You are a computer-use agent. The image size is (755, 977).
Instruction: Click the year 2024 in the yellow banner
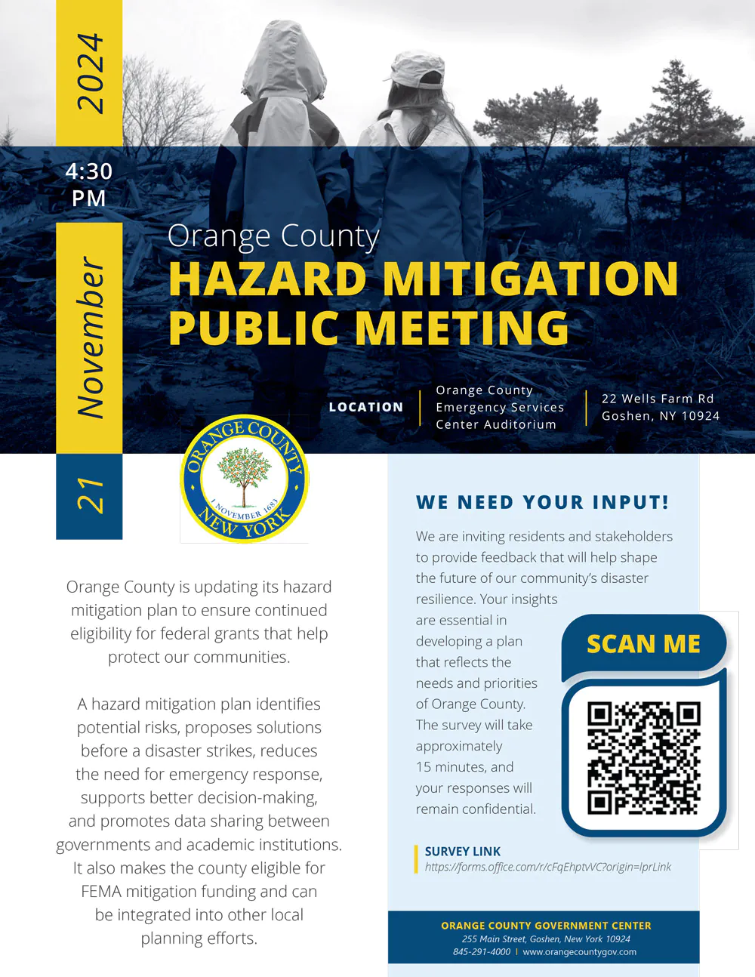(89, 73)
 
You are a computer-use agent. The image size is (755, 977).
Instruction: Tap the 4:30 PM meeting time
(89, 184)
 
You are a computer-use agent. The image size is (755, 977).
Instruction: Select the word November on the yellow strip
(90, 337)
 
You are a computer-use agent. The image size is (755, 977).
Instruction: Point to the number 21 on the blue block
(90, 495)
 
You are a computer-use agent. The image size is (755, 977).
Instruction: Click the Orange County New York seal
(244, 479)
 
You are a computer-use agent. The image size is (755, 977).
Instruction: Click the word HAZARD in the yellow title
(267, 279)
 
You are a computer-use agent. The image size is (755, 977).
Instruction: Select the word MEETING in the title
(462, 328)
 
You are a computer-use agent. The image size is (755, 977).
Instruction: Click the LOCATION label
(366, 407)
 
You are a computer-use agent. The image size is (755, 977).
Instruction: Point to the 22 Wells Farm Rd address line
(658, 399)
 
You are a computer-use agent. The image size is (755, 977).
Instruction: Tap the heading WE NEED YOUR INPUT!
(542, 502)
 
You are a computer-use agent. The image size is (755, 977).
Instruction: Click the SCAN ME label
(643, 644)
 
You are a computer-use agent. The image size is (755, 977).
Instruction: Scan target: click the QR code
(644, 758)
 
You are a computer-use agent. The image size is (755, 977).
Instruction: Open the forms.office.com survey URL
(547, 867)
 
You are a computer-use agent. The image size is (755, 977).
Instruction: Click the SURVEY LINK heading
(463, 851)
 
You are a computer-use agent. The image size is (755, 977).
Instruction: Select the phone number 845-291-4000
(482, 952)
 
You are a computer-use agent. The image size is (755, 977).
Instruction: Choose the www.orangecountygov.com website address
(579, 952)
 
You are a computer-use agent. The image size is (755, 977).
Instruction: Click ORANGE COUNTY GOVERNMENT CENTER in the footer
(546, 926)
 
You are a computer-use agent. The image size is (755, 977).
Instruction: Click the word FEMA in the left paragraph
(101, 892)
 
